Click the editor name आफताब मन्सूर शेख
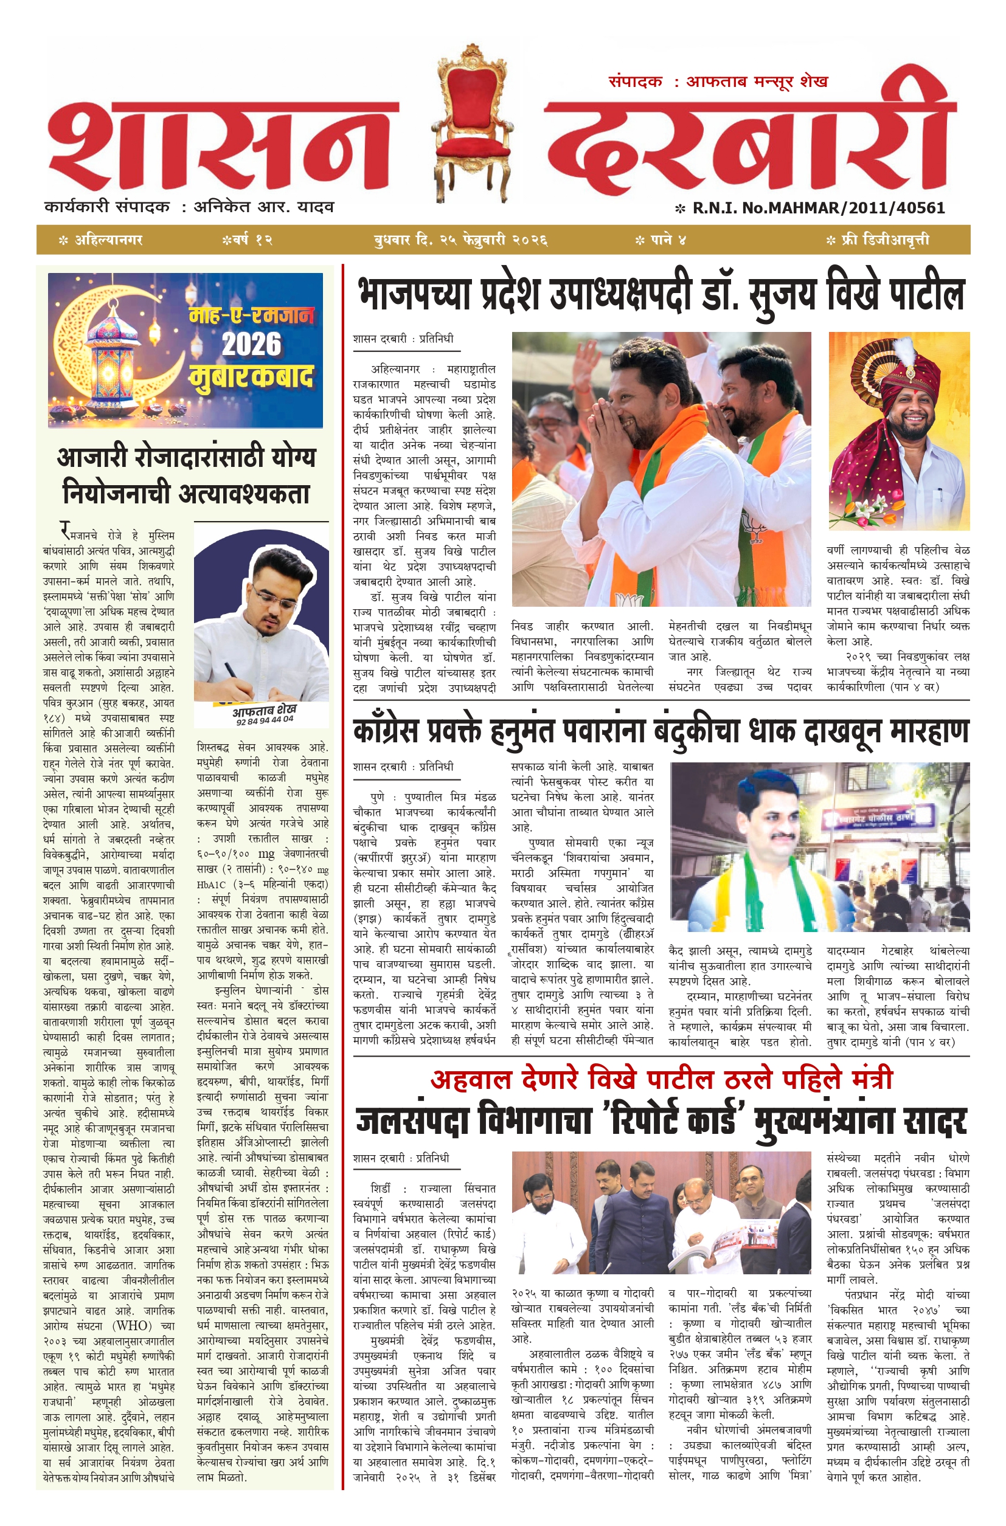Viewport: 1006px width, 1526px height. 757,81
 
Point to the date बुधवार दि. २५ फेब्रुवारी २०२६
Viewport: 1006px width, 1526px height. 460,240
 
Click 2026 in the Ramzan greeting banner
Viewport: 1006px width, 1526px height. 252,344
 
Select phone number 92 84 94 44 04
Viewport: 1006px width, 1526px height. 265,720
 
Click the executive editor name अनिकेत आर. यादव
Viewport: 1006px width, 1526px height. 263,207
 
